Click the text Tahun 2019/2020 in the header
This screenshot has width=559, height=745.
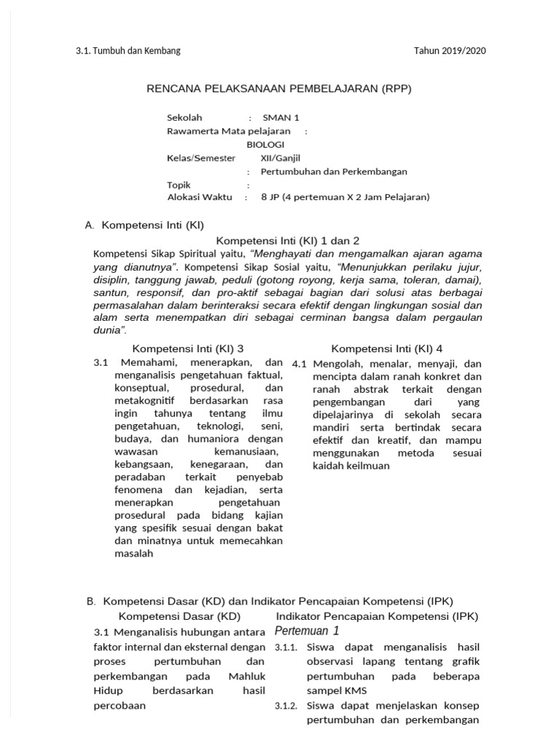pyautogui.click(x=449, y=51)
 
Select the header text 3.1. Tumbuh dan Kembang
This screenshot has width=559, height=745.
pyautogui.click(x=128, y=51)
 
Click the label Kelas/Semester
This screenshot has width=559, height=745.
pyautogui.click(x=201, y=158)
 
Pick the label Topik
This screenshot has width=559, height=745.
pyautogui.click(x=178, y=185)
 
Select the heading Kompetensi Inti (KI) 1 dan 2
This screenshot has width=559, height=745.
pyautogui.click(x=288, y=240)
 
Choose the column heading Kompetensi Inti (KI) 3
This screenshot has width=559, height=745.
pyautogui.click(x=188, y=348)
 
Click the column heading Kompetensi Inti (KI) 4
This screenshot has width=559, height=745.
pyautogui.click(x=386, y=348)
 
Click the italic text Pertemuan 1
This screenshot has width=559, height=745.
pyautogui.click(x=306, y=631)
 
